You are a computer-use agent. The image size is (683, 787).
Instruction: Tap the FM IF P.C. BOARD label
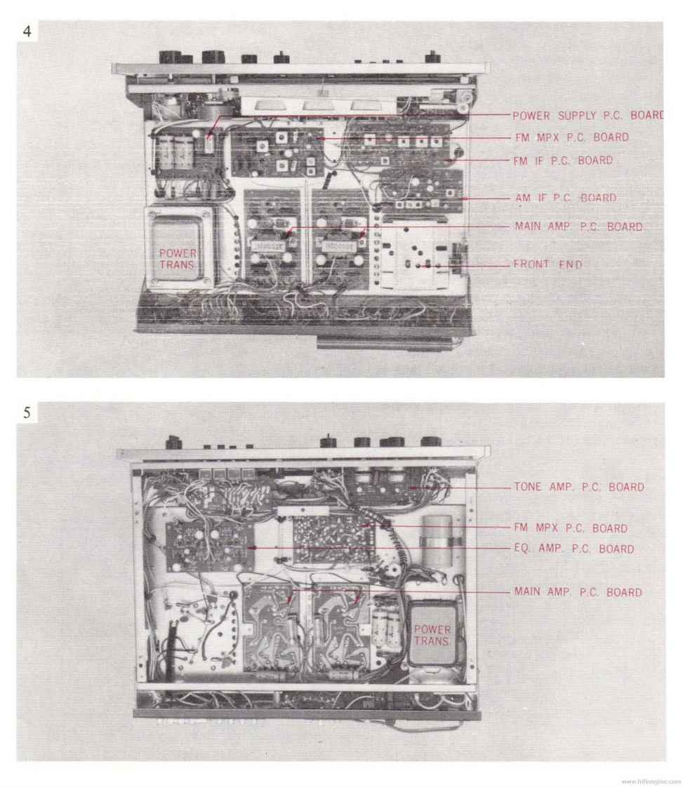click(x=563, y=161)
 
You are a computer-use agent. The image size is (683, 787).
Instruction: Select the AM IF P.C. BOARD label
click(x=566, y=199)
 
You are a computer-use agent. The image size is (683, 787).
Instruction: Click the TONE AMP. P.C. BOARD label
click(x=579, y=487)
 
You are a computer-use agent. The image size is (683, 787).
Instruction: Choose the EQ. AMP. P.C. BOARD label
click(x=574, y=549)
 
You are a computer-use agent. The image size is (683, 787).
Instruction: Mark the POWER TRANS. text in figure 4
click(x=178, y=259)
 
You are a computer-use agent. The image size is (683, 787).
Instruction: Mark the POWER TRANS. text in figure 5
click(x=431, y=635)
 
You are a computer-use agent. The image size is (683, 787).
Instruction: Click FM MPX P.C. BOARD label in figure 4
click(x=571, y=137)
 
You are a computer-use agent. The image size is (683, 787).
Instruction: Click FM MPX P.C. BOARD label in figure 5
click(x=571, y=528)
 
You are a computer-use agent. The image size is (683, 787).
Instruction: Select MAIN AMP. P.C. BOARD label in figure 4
click(x=578, y=227)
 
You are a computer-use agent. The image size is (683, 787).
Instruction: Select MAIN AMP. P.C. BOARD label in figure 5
click(x=578, y=592)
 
